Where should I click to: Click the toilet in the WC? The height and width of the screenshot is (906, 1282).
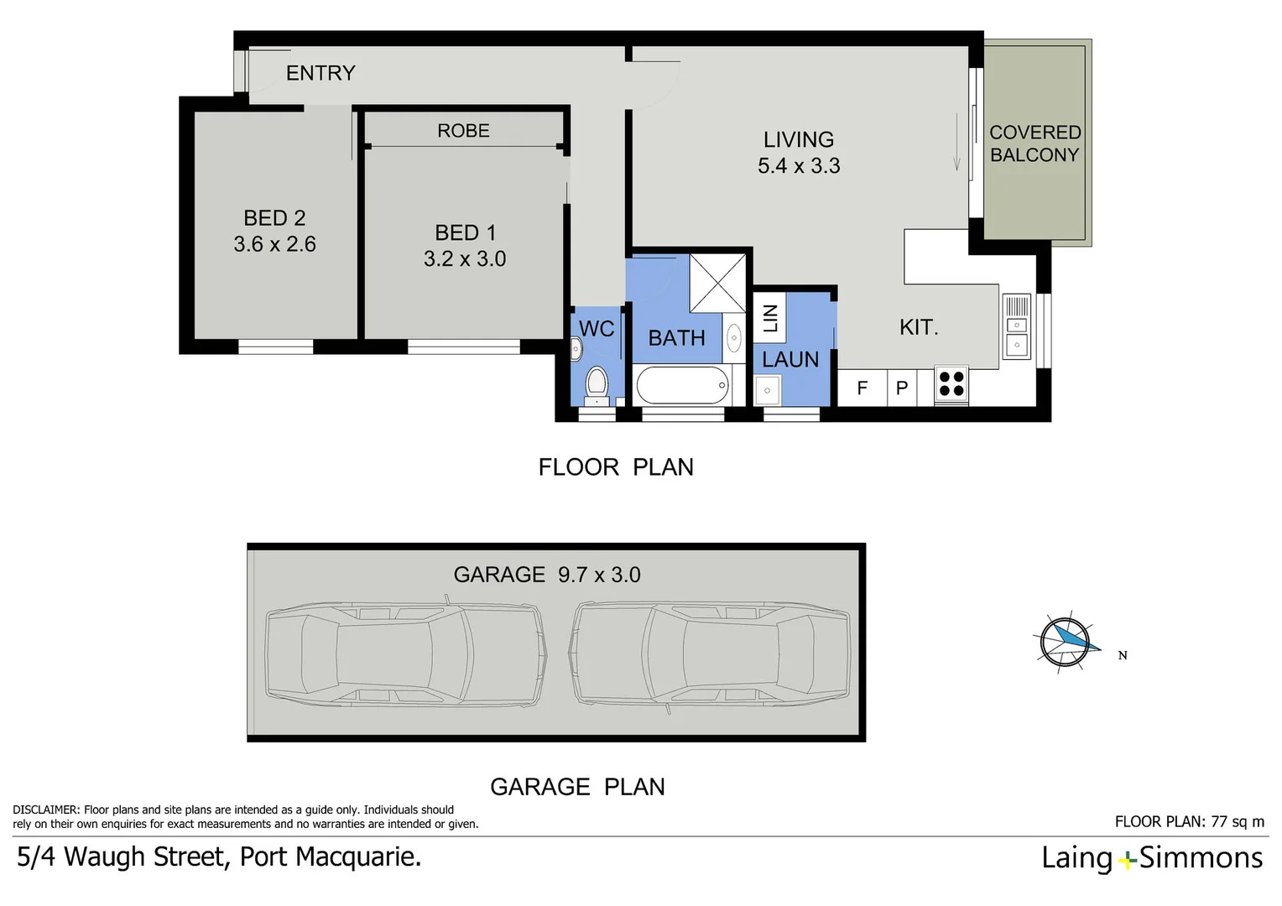coord(597,384)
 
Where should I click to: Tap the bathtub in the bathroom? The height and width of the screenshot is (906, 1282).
coord(682,386)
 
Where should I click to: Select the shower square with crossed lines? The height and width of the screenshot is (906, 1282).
coord(717,283)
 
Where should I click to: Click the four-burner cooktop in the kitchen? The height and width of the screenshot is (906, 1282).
coord(951,384)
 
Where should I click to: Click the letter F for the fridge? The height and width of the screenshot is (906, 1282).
coord(862,388)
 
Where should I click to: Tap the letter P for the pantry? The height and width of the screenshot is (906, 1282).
coord(902,388)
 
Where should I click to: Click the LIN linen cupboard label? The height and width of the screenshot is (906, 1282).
coord(770,318)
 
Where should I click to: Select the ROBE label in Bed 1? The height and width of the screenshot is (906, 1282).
coord(463,131)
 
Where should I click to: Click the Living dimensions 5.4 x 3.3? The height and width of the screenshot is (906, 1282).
coord(799,166)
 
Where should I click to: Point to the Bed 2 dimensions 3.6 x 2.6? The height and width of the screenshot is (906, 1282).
coord(274,244)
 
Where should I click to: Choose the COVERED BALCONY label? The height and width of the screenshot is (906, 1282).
coord(1034,143)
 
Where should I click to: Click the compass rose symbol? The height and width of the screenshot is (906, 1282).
coord(1065,641)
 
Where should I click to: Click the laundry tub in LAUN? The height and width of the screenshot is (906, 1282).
coord(768,390)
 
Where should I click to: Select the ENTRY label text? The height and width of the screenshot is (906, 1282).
coord(320,73)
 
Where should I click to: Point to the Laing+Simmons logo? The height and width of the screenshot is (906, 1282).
coord(1151,858)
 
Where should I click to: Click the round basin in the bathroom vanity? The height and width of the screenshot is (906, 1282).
coord(734,338)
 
